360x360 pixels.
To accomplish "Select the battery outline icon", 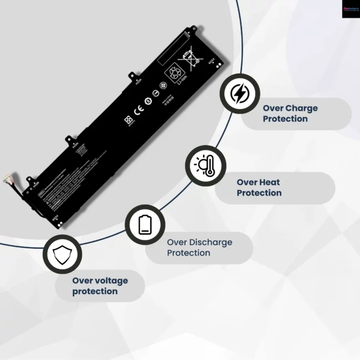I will pos(145,225).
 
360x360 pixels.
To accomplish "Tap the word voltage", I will pos(109,280).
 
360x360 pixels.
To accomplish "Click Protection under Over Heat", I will pos(259,193).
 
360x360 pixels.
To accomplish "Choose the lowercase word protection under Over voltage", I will pos(95,291).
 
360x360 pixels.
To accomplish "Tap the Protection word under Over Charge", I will pos(285,119).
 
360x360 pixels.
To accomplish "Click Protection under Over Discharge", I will pos(188,253).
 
